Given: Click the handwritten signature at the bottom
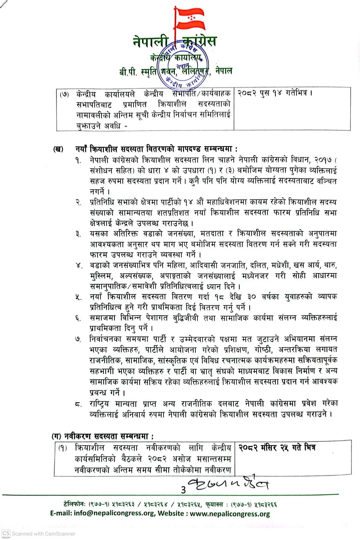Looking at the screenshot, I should (228, 483).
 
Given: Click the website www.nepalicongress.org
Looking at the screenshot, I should (230, 514).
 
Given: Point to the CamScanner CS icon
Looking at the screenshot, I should (6, 533).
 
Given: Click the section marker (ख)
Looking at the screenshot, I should (58, 149).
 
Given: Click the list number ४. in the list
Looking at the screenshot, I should (79, 266).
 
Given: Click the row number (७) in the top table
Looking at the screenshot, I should (64, 94).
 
